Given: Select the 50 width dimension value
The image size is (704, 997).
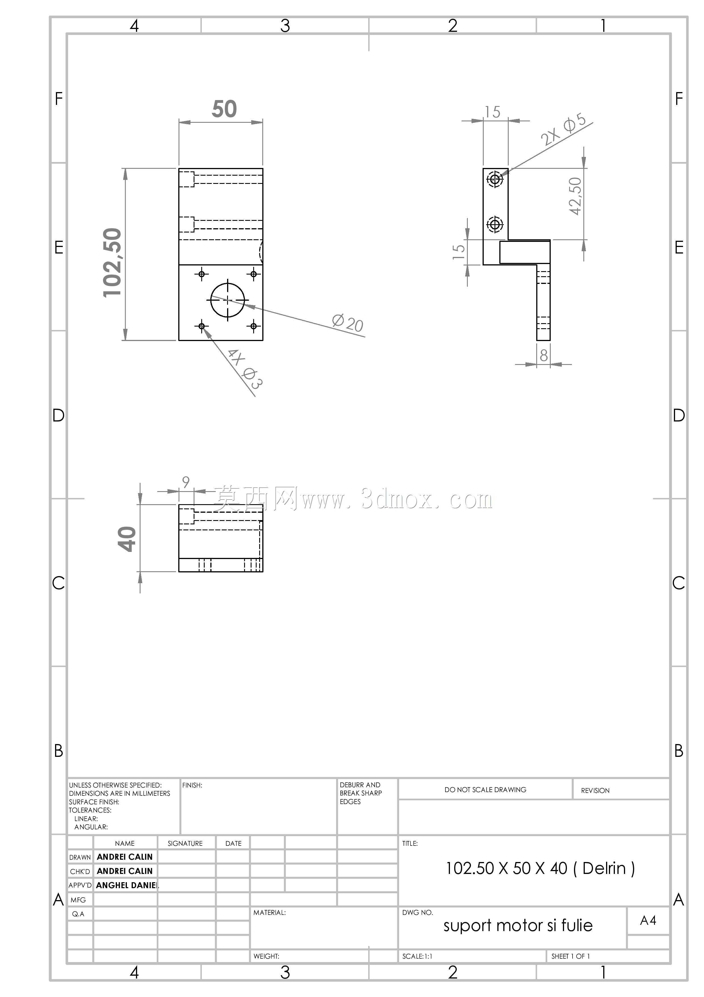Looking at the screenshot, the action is point(224,109).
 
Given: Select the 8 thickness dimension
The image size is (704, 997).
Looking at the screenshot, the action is point(544,356).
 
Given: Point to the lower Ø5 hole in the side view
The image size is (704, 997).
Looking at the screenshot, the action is point(495,225).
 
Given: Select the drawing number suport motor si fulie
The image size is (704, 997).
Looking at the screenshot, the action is point(518,926).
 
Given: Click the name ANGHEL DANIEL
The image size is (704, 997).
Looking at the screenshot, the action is point(127,885).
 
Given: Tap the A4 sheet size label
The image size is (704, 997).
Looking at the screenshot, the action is point(648,920).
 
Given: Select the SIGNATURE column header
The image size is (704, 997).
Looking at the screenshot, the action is point(185,843).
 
